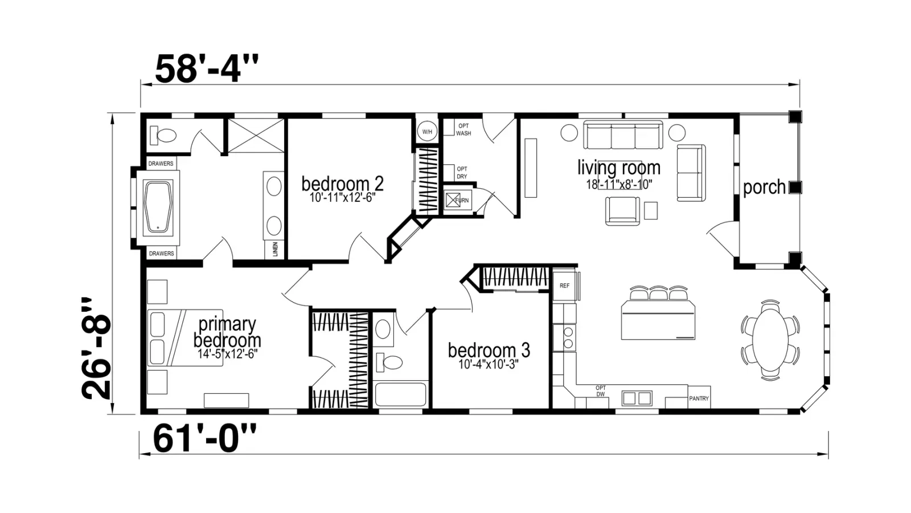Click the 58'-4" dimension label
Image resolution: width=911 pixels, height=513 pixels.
pos(207,69)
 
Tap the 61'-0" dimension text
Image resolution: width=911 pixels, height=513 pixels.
pos(204,438)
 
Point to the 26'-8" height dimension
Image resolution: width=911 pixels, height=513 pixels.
pos(96,348)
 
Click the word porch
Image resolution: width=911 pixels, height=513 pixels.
pos(764,188)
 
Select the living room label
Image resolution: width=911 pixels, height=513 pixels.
pos(619,168)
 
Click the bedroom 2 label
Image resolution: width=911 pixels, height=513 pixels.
pos(342,184)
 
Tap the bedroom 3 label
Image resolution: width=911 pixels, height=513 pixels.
pos(489,350)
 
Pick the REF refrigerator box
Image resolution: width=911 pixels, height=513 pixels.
pos(564,285)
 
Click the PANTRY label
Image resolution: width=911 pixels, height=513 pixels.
pos(699,398)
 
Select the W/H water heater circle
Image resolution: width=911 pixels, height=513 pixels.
pos(427,132)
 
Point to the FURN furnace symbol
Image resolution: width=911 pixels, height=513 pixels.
pos(458,200)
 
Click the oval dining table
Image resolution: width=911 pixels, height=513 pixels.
pos(770,340)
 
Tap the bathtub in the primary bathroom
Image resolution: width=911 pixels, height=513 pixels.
pos(158,207)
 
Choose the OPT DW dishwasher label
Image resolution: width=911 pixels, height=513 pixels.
pos(600,391)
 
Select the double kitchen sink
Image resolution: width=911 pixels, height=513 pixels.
pos(637,398)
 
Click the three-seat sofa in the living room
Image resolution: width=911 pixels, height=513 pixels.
pos(623,135)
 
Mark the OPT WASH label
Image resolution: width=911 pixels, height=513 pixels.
pos(463,129)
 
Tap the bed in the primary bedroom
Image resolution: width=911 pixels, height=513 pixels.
pos(185,337)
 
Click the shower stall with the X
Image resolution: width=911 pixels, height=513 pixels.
pos(256,136)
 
